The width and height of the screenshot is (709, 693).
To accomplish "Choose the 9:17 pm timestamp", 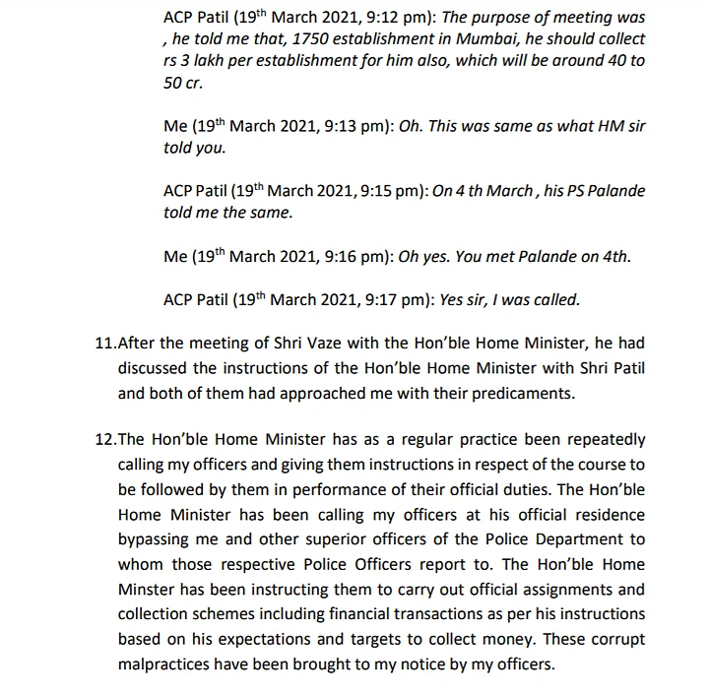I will (x=402, y=299).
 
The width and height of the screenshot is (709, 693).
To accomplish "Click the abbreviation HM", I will (x=602, y=127).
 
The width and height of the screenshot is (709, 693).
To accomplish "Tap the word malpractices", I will (x=167, y=662).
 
